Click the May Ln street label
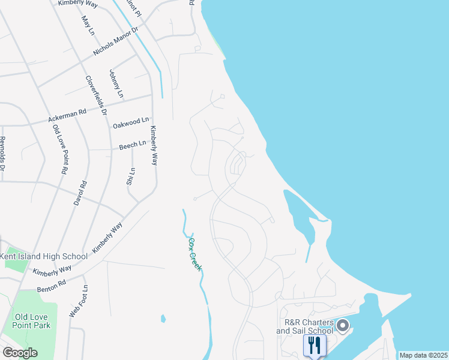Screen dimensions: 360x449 tap(88, 25)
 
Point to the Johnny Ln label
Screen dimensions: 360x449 tap(116, 83)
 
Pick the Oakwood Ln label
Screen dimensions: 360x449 tap(130, 124)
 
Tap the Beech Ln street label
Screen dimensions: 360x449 tap(133, 145)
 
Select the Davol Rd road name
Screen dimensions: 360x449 tap(80, 193)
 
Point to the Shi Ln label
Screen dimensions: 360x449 tap(131, 176)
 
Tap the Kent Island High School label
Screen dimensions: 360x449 tap(44, 256)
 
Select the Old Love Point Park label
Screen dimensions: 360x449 tap(33, 321)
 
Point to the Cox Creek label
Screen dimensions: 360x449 tap(195, 254)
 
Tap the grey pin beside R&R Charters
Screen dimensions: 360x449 tap(343, 326)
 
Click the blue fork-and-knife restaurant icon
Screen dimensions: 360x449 tap(314, 345)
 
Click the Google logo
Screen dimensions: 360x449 tap(20, 352)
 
